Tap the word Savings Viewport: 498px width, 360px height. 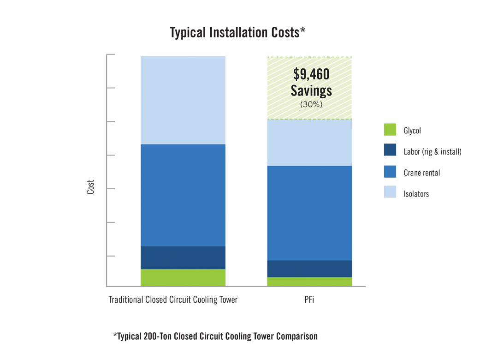point(311,90)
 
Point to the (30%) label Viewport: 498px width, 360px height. point(311,105)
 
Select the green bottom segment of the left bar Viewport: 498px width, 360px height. point(183,277)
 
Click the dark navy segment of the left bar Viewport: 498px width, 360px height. point(183,257)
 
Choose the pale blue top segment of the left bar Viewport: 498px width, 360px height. point(183,97)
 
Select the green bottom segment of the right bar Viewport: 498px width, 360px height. point(309,282)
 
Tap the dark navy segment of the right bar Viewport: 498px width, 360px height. point(309,268)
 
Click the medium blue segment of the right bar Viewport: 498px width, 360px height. point(309,212)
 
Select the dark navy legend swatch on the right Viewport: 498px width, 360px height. point(385,150)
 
